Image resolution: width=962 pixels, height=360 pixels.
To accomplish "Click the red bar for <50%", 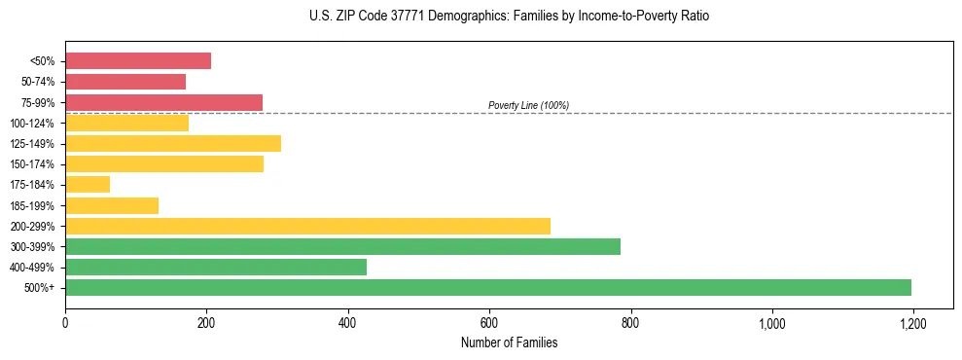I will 138,61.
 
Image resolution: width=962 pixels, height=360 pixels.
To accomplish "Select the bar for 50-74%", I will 125,82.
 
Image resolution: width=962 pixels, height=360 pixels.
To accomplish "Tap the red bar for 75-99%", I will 163,102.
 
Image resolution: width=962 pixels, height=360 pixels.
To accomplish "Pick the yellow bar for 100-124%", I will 126,123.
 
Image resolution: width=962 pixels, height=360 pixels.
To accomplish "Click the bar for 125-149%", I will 173,143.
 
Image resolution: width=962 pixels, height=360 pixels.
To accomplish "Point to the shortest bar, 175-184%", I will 88,184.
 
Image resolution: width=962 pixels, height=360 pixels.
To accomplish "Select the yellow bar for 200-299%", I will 307,226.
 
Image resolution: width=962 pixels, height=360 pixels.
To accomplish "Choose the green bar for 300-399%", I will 342,246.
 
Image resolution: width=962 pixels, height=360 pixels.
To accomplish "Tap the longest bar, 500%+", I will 488,287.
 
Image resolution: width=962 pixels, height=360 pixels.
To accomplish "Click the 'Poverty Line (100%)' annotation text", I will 528,105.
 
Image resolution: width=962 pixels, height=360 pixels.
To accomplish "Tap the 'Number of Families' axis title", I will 509,342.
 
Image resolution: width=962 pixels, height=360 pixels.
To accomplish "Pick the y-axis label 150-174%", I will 32,164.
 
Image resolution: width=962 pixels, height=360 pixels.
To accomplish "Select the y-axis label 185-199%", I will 32,205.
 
